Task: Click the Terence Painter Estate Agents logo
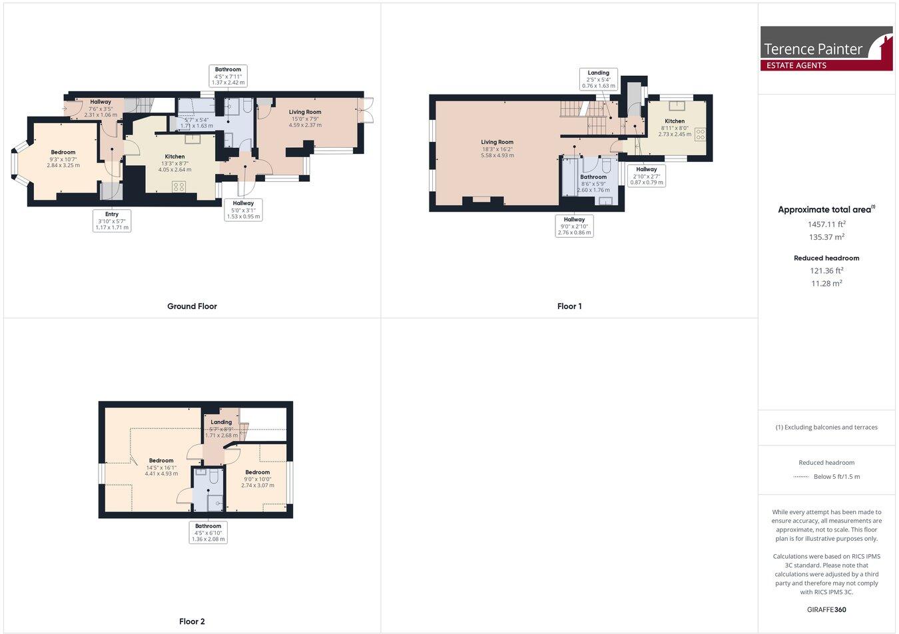pyautogui.click(x=826, y=49)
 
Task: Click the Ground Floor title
pyautogui.click(x=192, y=306)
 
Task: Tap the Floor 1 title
pyautogui.click(x=569, y=306)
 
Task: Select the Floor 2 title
pyautogui.click(x=192, y=621)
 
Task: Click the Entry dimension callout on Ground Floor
pyautogui.click(x=112, y=221)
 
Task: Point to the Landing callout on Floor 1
pyautogui.click(x=599, y=79)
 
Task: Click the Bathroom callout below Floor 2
pyautogui.click(x=208, y=533)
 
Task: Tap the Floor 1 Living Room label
pyautogui.click(x=497, y=149)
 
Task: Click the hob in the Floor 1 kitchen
pyautogui.click(x=701, y=135)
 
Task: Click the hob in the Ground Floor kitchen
pyautogui.click(x=178, y=186)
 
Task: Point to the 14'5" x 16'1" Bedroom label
pyautogui.click(x=161, y=467)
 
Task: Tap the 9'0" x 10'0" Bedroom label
pyautogui.click(x=258, y=479)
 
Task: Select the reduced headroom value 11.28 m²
pyautogui.click(x=826, y=283)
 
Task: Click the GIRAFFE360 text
pyautogui.click(x=826, y=609)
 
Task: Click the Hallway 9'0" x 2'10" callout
pyautogui.click(x=574, y=226)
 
